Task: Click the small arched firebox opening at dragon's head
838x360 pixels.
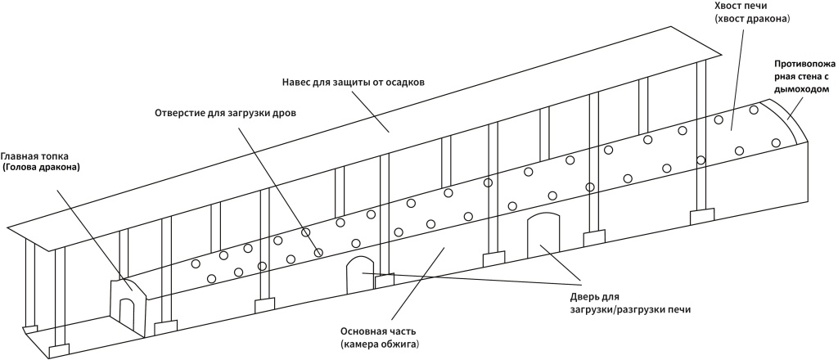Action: pyautogui.click(x=127, y=312)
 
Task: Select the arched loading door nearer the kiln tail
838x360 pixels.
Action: pyautogui.click(x=542, y=234)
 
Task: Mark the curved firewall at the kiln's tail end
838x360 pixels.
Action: pyautogui.click(x=787, y=122)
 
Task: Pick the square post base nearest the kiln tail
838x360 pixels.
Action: pyautogui.click(x=702, y=217)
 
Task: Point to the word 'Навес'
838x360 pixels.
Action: pyautogui.click(x=299, y=82)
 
